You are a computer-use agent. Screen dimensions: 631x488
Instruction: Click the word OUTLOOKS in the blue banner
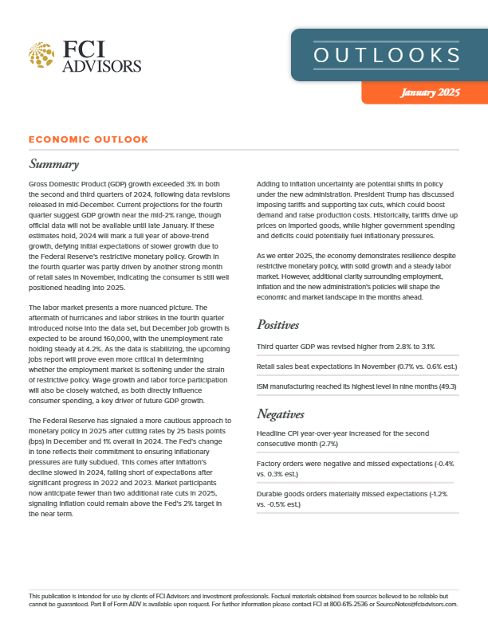(x=387, y=55)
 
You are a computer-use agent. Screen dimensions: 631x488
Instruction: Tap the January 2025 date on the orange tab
(x=430, y=93)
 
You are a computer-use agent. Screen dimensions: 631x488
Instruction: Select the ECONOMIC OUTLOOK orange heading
(x=88, y=139)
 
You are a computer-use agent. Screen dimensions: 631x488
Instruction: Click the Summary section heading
(x=53, y=165)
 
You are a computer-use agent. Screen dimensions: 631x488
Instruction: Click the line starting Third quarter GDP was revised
(x=344, y=347)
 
